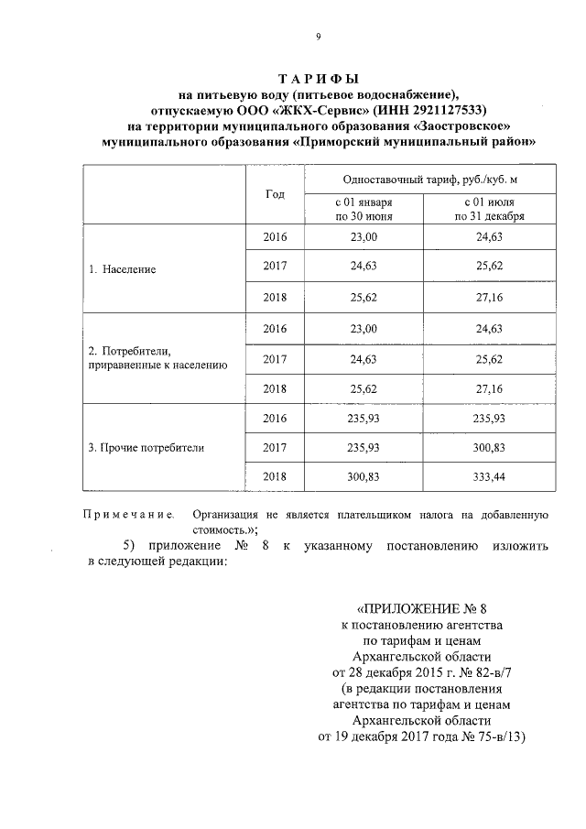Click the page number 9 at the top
pos(318,37)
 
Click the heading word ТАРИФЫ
pos(317,79)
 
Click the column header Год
pos(275,194)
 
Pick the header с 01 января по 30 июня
pos(364,209)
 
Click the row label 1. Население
pos(123,270)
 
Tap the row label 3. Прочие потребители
pos(146,449)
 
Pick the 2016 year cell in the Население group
pos(275,237)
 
